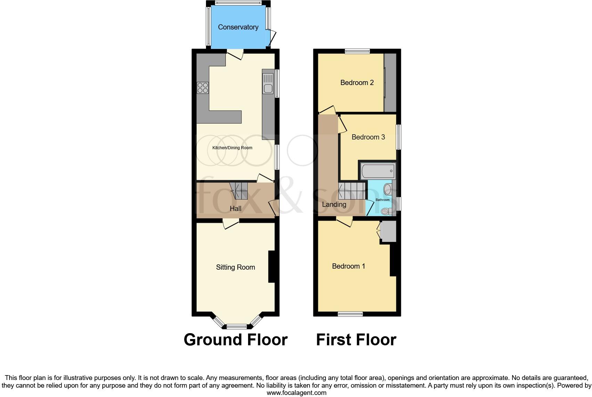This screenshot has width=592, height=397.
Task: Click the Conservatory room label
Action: tap(238, 27)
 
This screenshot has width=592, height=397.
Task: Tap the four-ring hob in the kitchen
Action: tap(203, 87)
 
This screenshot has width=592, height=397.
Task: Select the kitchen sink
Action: tap(268, 88)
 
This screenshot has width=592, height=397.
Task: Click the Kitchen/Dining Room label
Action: tap(232, 148)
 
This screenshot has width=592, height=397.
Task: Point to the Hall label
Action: tap(236, 209)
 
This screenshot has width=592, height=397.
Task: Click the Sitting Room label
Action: tap(236, 267)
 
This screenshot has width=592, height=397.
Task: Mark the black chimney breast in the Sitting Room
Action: tap(271, 267)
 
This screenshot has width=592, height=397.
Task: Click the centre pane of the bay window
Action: tap(236, 326)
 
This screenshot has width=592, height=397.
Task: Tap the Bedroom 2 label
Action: tap(357, 83)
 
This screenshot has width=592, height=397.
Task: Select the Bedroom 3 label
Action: tap(368, 137)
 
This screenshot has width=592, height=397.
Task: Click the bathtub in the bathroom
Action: tap(377, 171)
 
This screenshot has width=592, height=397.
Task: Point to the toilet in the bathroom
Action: tap(385, 211)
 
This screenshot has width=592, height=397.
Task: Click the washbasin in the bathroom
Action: tap(387, 189)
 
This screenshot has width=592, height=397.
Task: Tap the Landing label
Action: tap(334, 204)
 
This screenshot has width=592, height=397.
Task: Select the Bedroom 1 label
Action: tap(348, 266)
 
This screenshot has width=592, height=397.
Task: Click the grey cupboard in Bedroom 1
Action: tap(388, 232)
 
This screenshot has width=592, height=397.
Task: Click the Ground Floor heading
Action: tap(236, 339)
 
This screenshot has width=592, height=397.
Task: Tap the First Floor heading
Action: tap(356, 339)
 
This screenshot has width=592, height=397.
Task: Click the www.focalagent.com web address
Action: tap(296, 393)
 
